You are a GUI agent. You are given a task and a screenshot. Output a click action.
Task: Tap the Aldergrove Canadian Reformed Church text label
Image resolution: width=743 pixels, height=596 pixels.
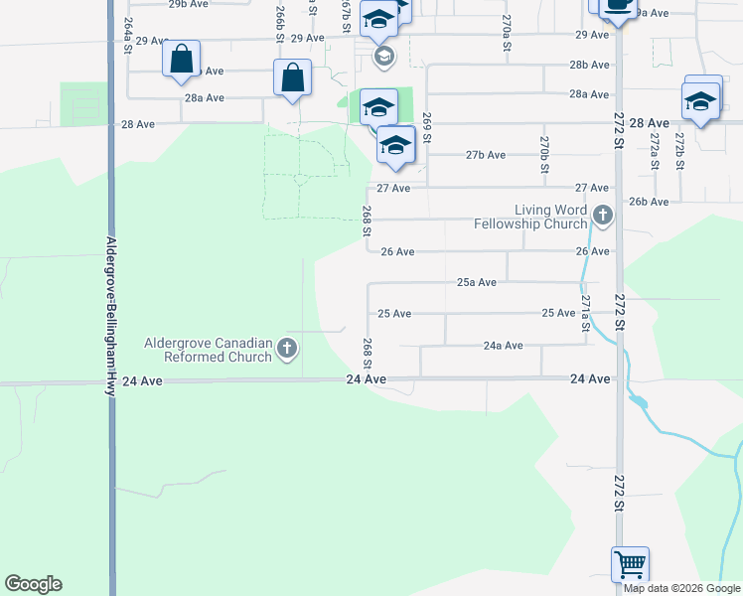[x=209, y=350]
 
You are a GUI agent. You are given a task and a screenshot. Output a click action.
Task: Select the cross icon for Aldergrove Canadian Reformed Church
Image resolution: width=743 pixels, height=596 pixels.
[x=287, y=348]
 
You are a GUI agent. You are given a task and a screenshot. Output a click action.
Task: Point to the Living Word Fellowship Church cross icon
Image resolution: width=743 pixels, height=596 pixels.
[x=602, y=215]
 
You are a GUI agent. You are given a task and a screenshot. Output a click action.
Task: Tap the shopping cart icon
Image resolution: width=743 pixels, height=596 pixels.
[x=631, y=564]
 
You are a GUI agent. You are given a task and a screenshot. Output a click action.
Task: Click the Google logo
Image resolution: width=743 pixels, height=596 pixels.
[x=33, y=584]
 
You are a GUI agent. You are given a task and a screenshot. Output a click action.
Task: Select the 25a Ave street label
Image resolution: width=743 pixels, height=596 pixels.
[x=476, y=282]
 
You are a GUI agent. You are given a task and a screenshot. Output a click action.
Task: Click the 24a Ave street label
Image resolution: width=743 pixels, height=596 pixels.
[x=503, y=346]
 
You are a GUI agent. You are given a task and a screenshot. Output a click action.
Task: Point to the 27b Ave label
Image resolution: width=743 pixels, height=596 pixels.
[x=486, y=155]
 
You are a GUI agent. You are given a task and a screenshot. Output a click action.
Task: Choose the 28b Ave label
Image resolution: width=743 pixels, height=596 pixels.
[x=589, y=65]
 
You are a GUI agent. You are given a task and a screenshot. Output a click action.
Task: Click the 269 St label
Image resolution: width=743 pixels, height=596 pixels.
[x=426, y=128]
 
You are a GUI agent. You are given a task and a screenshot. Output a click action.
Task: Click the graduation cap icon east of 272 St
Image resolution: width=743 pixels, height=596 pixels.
[x=701, y=101]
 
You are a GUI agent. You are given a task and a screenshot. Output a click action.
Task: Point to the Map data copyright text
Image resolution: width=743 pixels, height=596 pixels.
[x=682, y=588]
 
